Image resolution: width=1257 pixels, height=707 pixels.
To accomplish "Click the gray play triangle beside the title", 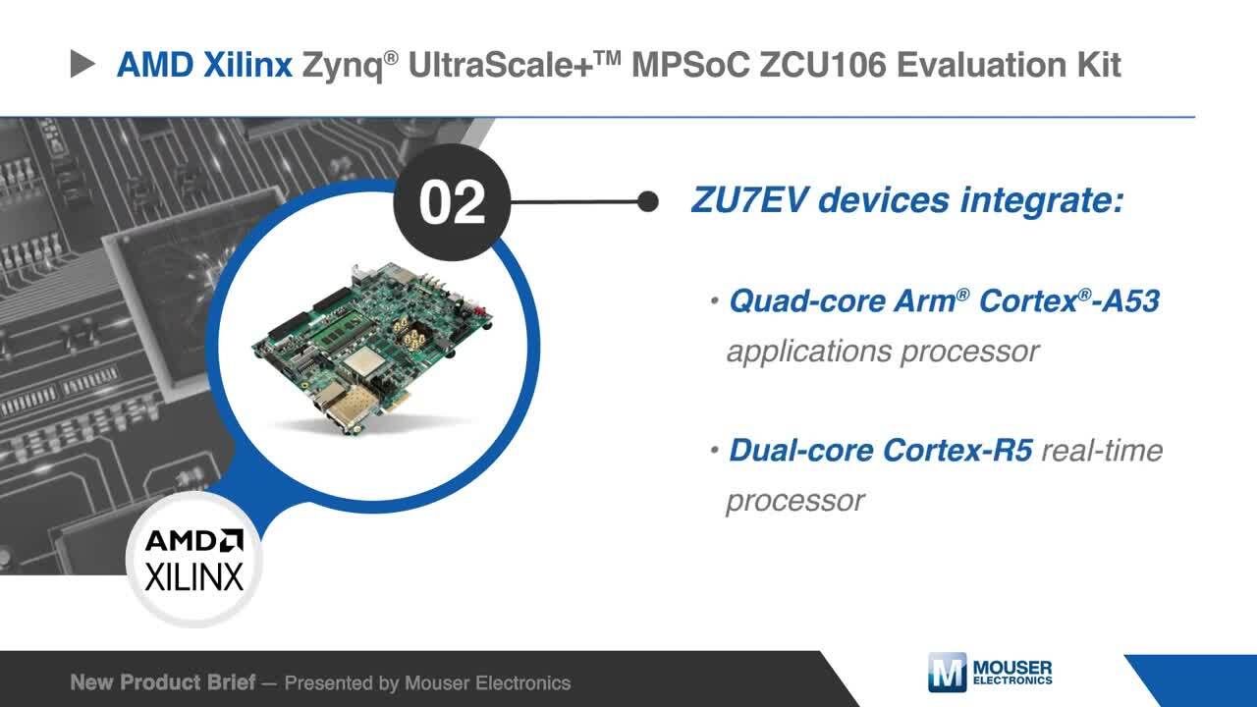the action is [x=82, y=64].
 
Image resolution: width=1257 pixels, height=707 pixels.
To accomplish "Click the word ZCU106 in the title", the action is [x=823, y=65].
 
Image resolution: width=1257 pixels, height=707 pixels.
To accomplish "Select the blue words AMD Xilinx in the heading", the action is [x=204, y=65].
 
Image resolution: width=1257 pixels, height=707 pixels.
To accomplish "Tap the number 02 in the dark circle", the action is [x=452, y=202].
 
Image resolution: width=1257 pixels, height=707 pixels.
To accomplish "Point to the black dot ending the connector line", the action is [x=648, y=201].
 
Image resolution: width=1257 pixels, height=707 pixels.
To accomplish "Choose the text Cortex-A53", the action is [x=1069, y=300].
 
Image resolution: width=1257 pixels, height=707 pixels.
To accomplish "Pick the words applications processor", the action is [x=883, y=353].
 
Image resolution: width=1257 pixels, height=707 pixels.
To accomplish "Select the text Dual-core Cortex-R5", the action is [x=881, y=450].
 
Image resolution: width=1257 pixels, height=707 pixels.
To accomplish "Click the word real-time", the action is [x=1102, y=451].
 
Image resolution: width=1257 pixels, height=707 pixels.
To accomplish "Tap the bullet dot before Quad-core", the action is [x=714, y=300].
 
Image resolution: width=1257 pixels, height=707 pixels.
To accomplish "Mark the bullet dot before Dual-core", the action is [x=714, y=450].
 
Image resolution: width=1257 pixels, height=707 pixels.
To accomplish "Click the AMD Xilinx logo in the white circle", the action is [x=194, y=560].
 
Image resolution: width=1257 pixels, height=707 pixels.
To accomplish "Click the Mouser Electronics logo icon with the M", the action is [x=948, y=673].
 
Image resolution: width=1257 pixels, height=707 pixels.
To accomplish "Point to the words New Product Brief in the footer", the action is [x=163, y=682].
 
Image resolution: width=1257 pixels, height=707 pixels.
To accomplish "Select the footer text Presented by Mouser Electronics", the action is [x=427, y=682].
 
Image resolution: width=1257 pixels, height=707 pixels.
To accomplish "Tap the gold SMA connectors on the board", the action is [x=409, y=332].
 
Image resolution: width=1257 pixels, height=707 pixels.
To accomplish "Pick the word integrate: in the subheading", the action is [x=1042, y=199].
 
